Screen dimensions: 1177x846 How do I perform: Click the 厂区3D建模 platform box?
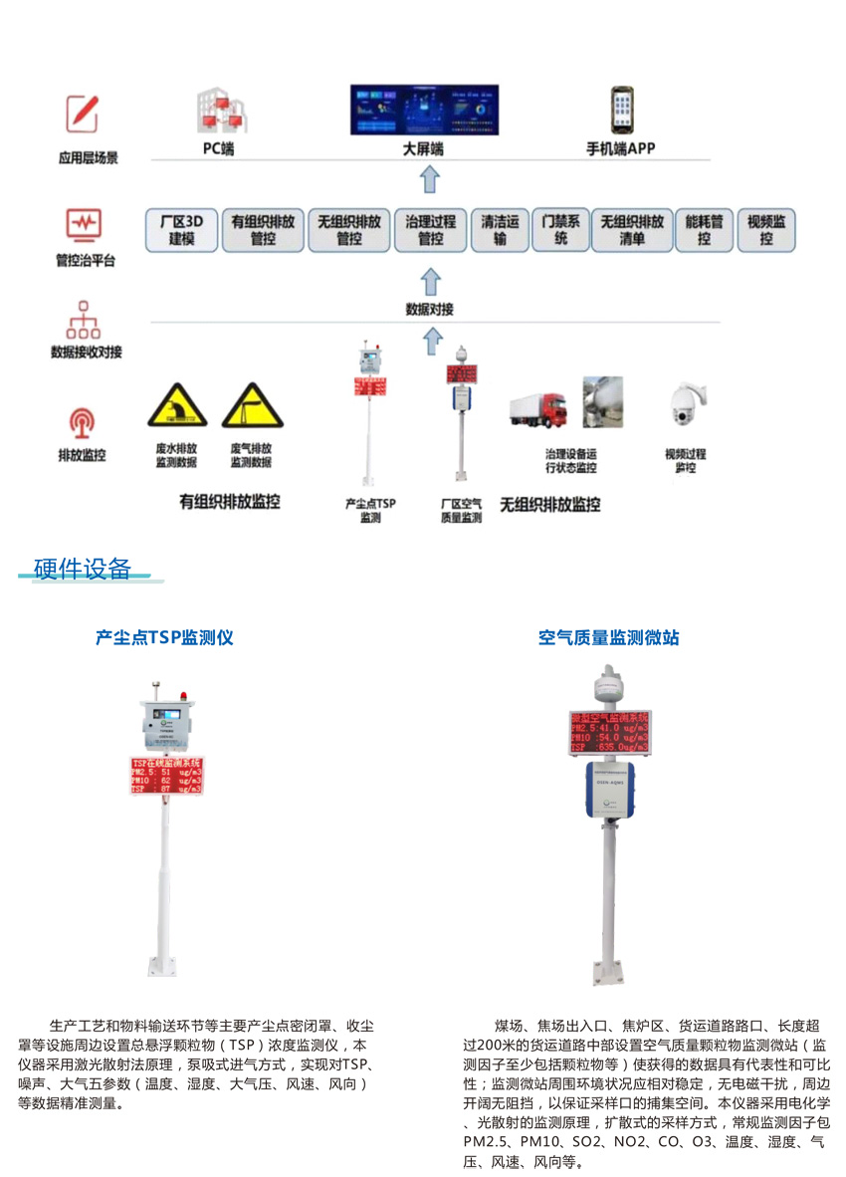pyautogui.click(x=181, y=230)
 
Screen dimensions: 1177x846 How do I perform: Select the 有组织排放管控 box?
pyautogui.click(x=263, y=230)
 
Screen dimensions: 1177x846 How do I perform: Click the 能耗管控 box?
pyautogui.click(x=705, y=230)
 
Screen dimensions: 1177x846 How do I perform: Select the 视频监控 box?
pyautogui.click(x=765, y=230)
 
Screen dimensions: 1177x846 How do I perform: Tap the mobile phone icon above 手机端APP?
pyautogui.click(x=622, y=111)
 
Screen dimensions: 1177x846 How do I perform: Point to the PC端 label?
pyautogui.click(x=219, y=149)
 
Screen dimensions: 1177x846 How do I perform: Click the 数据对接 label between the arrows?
pyautogui.click(x=430, y=310)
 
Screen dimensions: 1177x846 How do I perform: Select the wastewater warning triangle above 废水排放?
pyautogui.click(x=177, y=406)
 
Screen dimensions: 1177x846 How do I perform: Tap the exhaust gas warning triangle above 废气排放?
pyautogui.click(x=252, y=406)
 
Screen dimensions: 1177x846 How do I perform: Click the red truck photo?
pyautogui.click(x=538, y=407)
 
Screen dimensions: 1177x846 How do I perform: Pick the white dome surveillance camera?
pyautogui.click(x=686, y=407)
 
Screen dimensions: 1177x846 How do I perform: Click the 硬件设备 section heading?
pyautogui.click(x=83, y=570)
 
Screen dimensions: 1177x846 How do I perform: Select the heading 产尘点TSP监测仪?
pyautogui.click(x=164, y=637)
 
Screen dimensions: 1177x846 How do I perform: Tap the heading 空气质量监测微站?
pyautogui.click(x=608, y=637)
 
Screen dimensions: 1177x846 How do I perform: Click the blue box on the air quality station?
pyautogui.click(x=609, y=790)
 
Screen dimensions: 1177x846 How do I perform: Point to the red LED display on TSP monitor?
pyautogui.click(x=167, y=775)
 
